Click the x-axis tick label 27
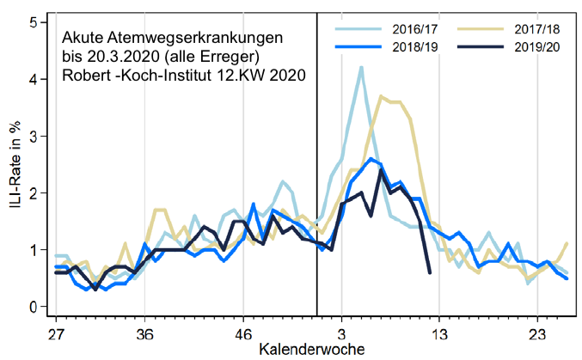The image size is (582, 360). tap(57, 333)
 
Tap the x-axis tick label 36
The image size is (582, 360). tap(144, 333)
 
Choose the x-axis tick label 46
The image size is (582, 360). tap(242, 333)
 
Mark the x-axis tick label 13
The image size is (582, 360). tap(439, 333)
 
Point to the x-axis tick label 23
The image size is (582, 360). tap(537, 333)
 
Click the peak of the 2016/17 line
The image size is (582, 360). tap(361, 67)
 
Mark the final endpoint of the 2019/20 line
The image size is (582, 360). tap(430, 272)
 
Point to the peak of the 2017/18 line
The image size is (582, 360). tap(381, 96)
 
